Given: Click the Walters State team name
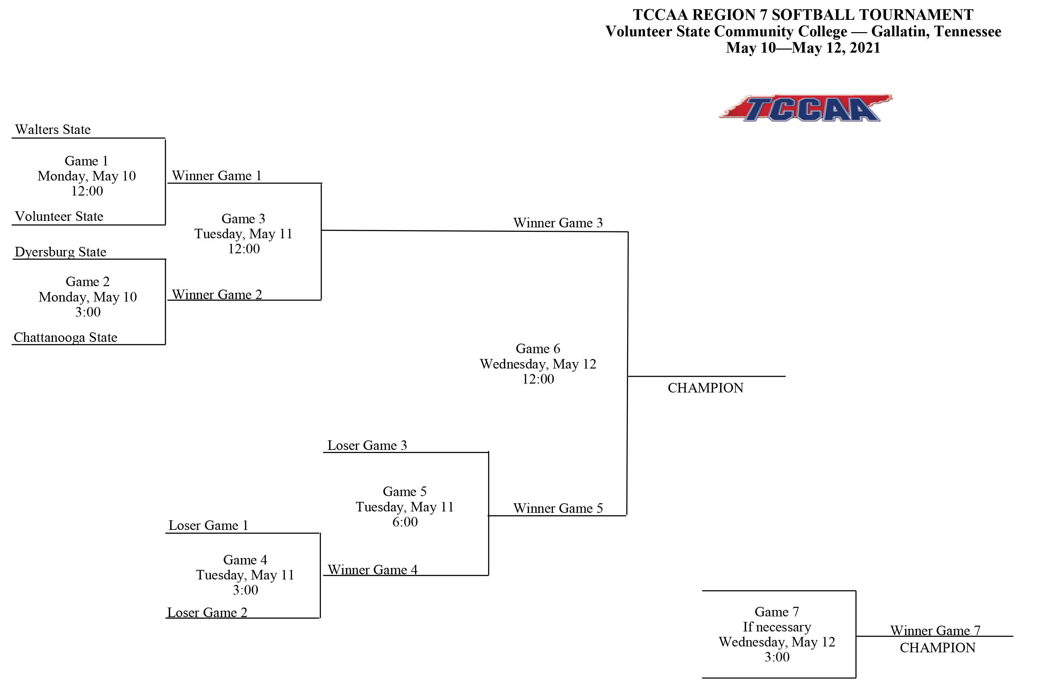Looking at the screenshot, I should [53, 130].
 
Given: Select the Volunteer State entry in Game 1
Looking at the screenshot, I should [59, 217].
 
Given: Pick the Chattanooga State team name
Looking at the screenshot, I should [66, 337].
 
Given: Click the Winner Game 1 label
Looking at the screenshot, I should [217, 176].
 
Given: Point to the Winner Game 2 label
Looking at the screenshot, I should [217, 295].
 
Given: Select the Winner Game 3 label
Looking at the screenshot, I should [557, 223].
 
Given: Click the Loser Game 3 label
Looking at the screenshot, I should [367, 445].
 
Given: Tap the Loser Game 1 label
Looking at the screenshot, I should [208, 525].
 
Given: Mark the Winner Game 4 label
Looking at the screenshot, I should [373, 570].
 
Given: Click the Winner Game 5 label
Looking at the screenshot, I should [557, 508].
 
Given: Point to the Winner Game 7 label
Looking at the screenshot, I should [935, 631].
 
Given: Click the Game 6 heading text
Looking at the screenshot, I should [538, 349].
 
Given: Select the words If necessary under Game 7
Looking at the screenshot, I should [777, 627].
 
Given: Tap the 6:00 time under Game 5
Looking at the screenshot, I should [405, 522].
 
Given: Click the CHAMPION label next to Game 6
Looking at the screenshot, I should [705, 388].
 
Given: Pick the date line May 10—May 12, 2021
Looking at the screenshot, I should [803, 48].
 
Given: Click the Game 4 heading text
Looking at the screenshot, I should [245, 560].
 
